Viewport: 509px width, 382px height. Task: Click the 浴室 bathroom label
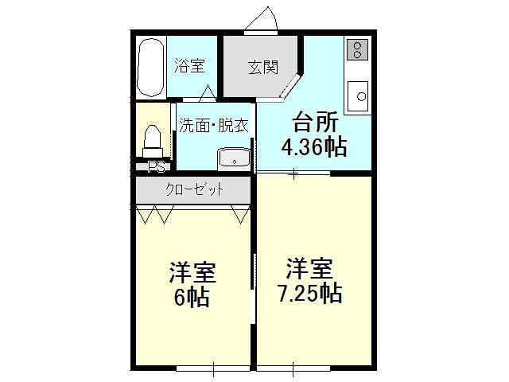[190, 65]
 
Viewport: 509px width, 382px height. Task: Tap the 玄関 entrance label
[263, 67]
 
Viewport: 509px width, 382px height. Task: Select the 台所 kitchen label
[315, 122]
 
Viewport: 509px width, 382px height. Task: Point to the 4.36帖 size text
[314, 147]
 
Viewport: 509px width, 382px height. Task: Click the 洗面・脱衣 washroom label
[214, 125]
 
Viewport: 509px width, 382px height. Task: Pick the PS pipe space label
[157, 167]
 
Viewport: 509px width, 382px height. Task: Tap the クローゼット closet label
[194, 189]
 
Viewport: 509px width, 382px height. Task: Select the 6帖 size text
[192, 297]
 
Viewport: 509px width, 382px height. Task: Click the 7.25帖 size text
[310, 294]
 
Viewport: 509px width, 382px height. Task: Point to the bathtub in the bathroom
[150, 68]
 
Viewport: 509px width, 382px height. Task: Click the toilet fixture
[152, 142]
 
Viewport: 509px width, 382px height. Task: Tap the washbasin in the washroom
[235, 159]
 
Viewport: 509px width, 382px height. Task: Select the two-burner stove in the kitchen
[357, 49]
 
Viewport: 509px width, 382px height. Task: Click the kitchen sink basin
[358, 96]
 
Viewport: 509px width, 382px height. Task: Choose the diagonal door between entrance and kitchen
[290, 86]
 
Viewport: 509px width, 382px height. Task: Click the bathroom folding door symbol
[207, 92]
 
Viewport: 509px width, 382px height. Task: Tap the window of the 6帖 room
[213, 368]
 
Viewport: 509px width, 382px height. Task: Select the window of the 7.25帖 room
[293, 368]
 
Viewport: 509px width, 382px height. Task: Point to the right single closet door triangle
[241, 214]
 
